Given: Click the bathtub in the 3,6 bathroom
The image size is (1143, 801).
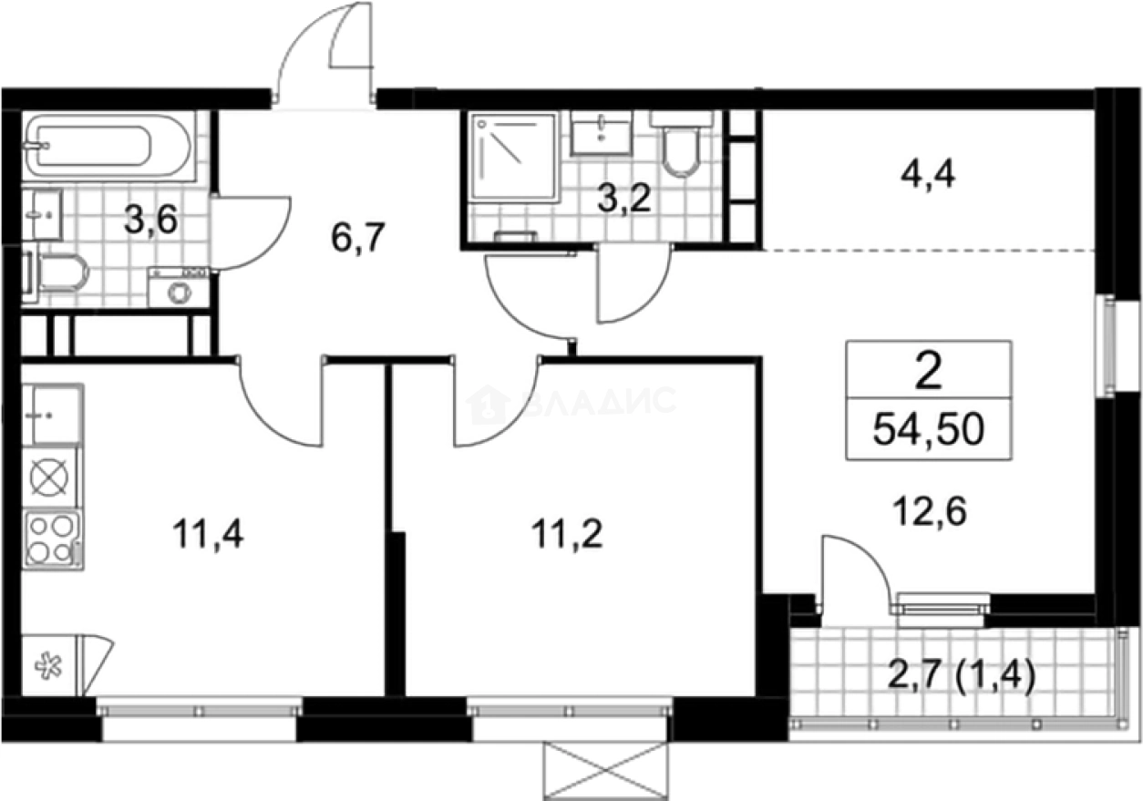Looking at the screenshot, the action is click(108, 146).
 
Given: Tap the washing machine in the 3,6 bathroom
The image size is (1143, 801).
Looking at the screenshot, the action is click(179, 287).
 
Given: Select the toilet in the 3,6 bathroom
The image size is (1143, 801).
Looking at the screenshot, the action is click(57, 273).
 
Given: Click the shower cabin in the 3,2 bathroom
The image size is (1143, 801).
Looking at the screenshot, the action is click(513, 157).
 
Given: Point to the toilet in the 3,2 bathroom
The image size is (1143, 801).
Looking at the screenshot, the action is click(681, 145).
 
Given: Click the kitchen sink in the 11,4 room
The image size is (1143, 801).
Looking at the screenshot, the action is click(52, 415).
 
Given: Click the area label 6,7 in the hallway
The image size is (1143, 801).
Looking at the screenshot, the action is click(357, 238).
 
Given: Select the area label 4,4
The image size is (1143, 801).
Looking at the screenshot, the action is click(928, 175).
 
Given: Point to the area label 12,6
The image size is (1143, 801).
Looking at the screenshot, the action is click(930, 512).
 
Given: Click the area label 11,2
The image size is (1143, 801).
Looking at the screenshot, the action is click(566, 534).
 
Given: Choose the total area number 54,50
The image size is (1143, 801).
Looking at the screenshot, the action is click(929, 429).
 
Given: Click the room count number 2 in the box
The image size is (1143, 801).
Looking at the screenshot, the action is click(929, 374).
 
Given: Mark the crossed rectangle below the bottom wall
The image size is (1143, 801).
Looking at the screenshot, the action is click(606, 772).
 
